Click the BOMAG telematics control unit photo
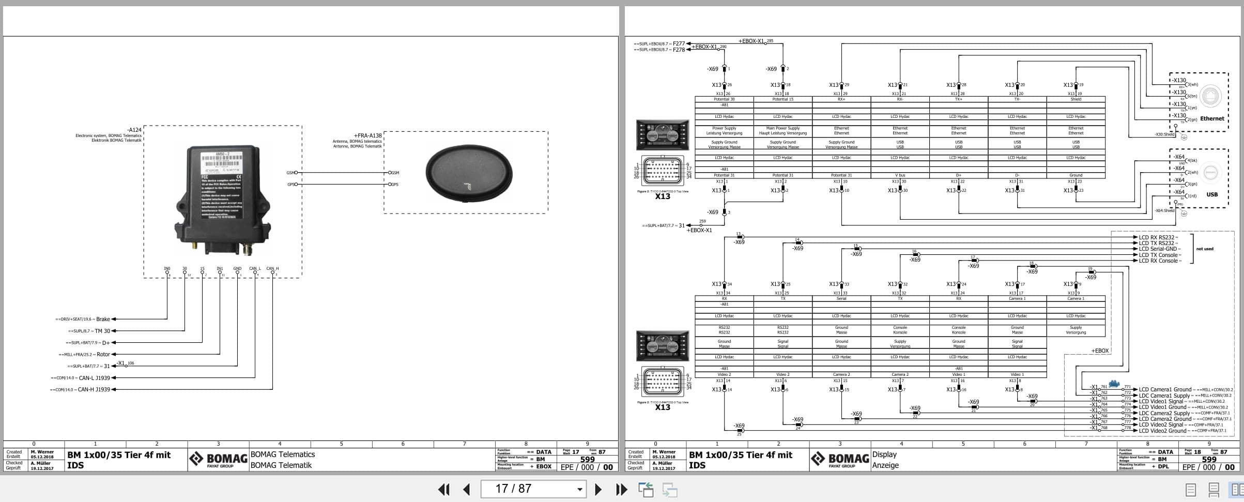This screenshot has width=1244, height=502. [222, 200]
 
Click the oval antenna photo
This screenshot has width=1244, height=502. [468, 172]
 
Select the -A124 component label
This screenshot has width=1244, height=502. [134, 130]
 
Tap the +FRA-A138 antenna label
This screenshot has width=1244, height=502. [367, 135]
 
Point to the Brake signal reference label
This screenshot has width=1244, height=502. [102, 319]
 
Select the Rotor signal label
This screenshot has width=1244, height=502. [103, 354]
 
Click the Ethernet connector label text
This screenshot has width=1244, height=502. [1211, 118]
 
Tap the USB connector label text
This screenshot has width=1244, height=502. [1211, 194]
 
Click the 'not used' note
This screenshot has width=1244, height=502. [1204, 249]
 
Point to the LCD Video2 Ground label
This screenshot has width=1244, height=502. [1162, 431]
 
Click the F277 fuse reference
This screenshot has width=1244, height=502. [678, 44]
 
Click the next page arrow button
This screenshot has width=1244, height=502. [598, 489]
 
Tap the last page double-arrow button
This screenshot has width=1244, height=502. [621, 489]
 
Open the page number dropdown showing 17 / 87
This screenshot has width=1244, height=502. [579, 489]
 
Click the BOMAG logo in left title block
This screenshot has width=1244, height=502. [218, 459]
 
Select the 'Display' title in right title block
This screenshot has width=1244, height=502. [884, 454]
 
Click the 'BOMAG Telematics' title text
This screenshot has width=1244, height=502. [282, 454]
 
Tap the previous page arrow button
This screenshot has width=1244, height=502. [467, 489]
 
